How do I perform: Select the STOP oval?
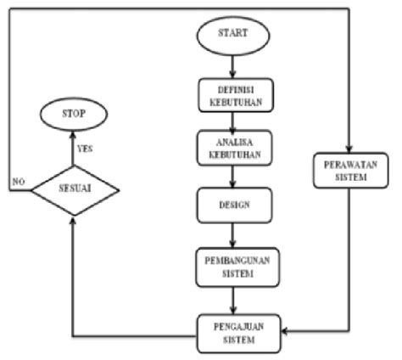point(75,111)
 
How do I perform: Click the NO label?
point(16,181)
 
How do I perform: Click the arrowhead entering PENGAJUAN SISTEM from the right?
point(288,331)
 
